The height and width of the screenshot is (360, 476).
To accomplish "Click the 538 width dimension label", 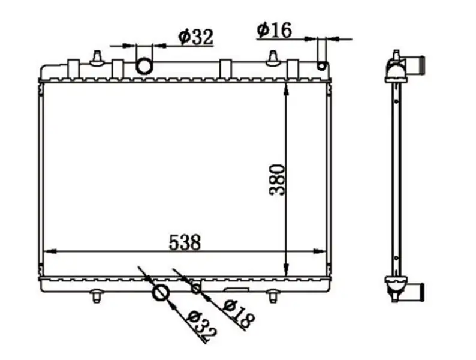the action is (x=185, y=242).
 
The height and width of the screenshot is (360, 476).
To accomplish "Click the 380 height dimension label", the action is (x=278, y=180).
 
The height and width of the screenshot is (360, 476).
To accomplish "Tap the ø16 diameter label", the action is (x=274, y=30).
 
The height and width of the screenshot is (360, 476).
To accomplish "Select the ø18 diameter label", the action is (x=239, y=314).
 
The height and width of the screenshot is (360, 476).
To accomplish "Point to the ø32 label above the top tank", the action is (x=196, y=37).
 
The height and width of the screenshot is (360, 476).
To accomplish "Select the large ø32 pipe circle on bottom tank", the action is (x=160, y=293).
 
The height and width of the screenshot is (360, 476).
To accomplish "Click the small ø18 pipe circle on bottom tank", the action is (x=196, y=289).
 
